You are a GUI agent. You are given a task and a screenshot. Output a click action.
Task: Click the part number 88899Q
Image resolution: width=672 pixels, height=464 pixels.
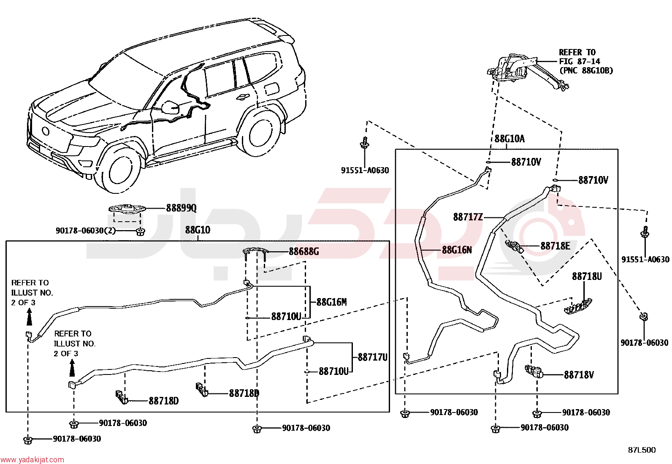[181, 208]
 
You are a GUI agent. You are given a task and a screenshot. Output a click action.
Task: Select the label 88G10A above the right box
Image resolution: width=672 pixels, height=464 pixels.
[509, 139]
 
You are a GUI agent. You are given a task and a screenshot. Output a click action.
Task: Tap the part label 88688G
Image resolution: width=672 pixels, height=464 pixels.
[303, 252]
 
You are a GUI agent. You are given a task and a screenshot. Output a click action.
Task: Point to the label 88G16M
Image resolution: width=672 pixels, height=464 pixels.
[331, 302]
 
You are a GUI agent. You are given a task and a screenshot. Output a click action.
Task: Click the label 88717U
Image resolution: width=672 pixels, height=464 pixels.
[372, 357]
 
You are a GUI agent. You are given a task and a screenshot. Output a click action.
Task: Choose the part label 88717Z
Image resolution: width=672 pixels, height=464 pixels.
[468, 217]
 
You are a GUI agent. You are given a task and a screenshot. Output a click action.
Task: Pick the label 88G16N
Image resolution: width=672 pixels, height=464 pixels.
[457, 250]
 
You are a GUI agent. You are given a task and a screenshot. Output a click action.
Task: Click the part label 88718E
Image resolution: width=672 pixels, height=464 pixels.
[555, 246]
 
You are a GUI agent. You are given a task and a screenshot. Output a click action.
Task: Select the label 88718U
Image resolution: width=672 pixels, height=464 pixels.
[587, 277]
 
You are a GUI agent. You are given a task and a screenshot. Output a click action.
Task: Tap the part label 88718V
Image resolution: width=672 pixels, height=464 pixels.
[579, 375]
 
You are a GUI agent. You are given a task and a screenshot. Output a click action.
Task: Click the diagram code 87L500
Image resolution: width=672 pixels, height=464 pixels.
[642, 450]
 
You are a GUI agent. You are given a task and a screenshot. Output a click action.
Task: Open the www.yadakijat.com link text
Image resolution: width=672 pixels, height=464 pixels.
[32, 459]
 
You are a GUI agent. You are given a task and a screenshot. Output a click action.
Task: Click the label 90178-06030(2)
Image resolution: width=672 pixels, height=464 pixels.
[86, 231]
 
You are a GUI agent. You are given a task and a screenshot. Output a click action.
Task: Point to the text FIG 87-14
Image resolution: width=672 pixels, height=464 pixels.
[579, 62]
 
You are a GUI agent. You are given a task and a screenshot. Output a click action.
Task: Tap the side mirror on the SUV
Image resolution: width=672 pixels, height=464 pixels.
[170, 107]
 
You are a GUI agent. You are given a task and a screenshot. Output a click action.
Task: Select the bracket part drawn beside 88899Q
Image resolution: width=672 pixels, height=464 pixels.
[127, 209]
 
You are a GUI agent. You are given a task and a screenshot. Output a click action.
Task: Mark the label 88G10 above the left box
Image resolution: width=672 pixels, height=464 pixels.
[198, 230]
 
